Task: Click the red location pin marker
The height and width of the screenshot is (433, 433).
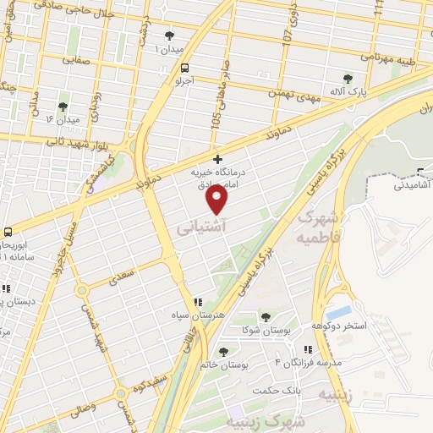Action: coord(217,200)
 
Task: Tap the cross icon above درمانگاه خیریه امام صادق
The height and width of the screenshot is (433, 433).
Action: coord(217,159)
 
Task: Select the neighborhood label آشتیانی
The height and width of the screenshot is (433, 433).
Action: coord(200,228)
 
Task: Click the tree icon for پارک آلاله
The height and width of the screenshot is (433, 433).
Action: coord(346,78)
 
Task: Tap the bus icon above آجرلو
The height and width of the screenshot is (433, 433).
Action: coord(185,69)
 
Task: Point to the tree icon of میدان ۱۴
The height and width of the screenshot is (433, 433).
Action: coord(61,107)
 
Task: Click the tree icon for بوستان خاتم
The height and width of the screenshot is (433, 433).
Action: coord(223,351)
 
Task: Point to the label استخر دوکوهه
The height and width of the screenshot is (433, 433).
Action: coord(338,326)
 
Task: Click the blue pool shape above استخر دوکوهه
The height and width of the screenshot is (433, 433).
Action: coord(338,312)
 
